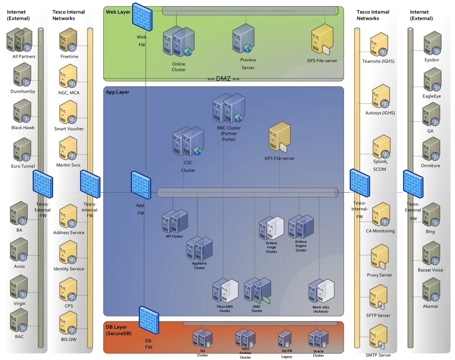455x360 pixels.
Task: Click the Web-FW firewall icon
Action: coord(142,17)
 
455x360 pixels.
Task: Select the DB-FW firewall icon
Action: coord(149,320)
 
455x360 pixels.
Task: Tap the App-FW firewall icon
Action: coord(141,185)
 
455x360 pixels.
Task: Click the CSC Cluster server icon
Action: coord(188,141)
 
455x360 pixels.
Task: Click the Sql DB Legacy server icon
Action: coord(285,339)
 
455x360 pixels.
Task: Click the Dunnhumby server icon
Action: coord(22,75)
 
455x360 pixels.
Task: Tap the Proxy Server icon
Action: coord(380,257)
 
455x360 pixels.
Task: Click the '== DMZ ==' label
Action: coord(223,79)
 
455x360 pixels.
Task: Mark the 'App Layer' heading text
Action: coord(118,92)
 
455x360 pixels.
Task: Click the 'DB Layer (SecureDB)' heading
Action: coord(119,330)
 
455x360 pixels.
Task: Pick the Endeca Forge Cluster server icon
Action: coord(271,228)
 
